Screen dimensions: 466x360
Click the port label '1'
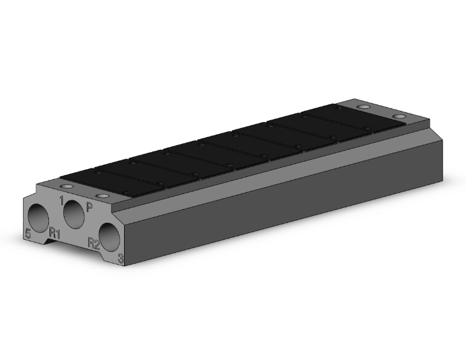click(x=61, y=200)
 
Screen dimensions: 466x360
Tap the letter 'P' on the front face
click(x=90, y=207)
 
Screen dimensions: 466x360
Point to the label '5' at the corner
click(x=28, y=234)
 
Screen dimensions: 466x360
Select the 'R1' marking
click(x=54, y=233)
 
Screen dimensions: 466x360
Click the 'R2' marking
click(x=94, y=243)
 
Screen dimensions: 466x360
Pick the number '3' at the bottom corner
click(x=121, y=258)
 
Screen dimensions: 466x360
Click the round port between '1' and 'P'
click(x=74, y=214)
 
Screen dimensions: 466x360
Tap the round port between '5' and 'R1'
click(x=38, y=219)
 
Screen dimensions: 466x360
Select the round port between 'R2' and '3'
click(x=110, y=237)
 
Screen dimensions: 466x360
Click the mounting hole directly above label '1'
click(x=66, y=187)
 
